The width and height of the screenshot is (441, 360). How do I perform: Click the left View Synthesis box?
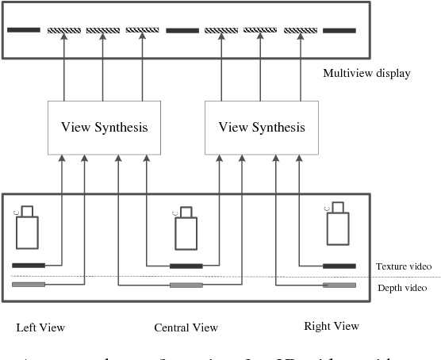point(105,127)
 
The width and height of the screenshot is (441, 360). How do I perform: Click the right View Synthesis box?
point(261,127)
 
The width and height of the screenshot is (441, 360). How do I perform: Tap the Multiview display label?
point(366,74)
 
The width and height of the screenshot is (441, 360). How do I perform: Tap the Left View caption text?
point(40,327)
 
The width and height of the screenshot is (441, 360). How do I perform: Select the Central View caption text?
point(186,327)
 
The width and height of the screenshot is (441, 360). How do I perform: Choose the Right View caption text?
point(332,326)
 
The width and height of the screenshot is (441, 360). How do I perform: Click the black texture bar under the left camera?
point(29,265)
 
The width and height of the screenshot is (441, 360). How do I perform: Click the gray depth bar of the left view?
point(29,284)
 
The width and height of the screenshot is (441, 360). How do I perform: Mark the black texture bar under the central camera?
point(186,266)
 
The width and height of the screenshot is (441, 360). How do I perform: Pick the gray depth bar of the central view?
point(186,285)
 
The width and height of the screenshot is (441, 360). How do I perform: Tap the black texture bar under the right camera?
point(339,265)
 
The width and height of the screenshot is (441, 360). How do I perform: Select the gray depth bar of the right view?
point(339,285)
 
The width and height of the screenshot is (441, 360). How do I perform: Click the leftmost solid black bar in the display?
point(24,31)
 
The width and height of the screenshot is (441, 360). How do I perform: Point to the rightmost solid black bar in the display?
point(339,31)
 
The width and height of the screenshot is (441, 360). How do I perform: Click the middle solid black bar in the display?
point(182,31)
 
